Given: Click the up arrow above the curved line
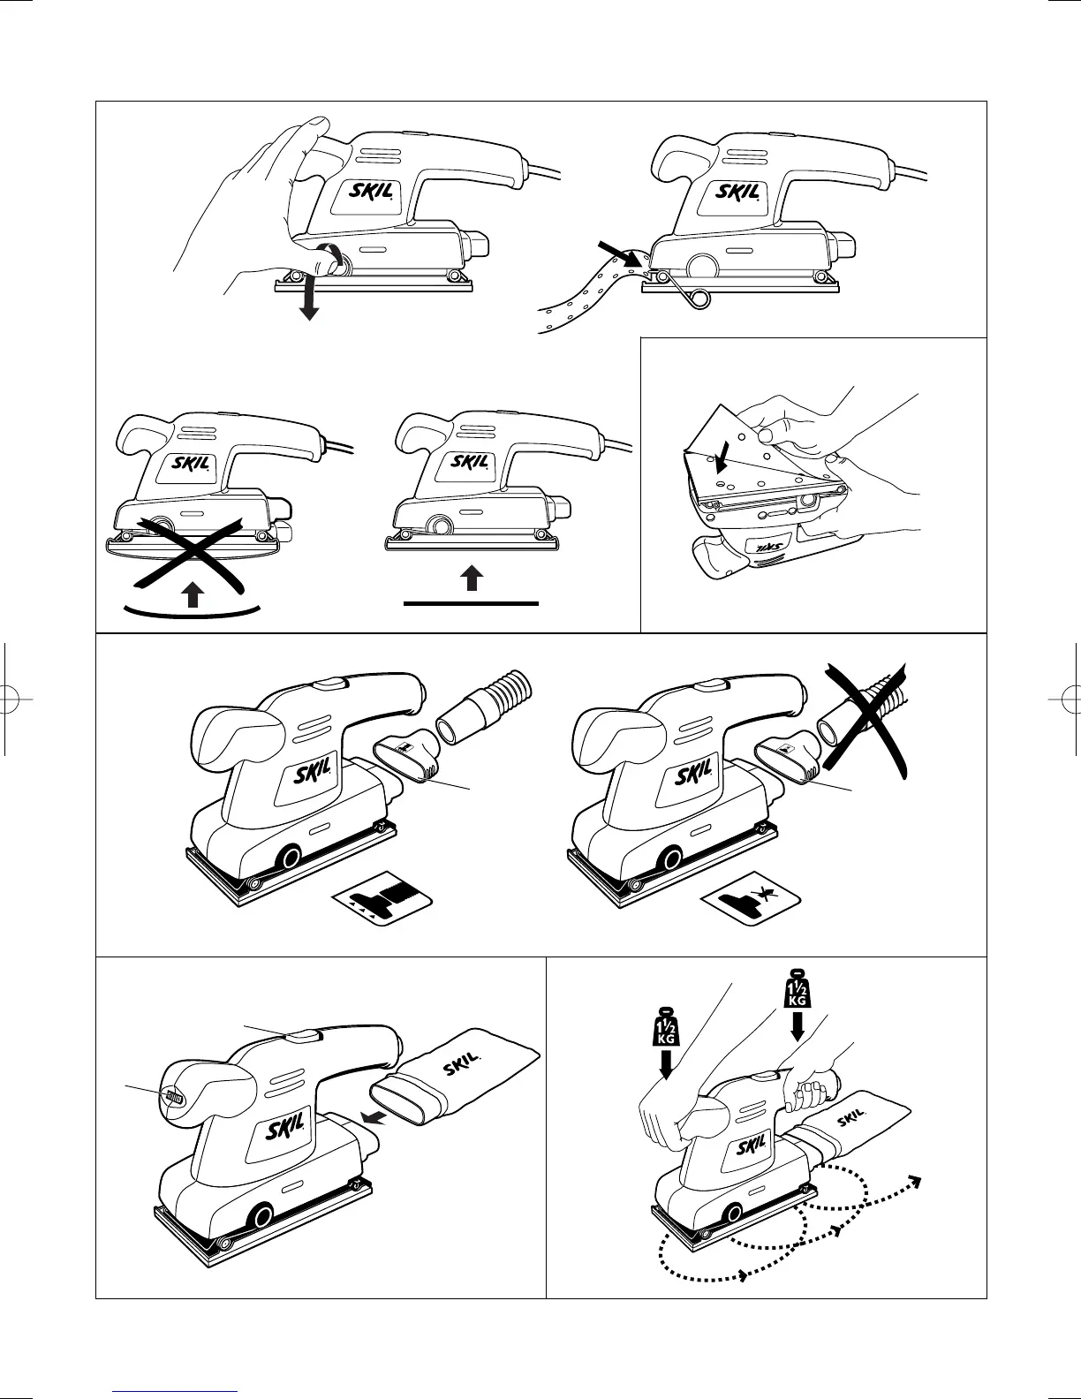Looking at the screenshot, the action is pos(192,594).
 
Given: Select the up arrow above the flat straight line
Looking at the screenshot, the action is pos(472,579).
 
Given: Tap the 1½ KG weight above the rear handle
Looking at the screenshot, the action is pos(798,990).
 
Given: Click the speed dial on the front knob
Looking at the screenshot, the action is pos(174,1098).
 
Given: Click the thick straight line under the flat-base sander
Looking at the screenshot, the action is pos(472,604).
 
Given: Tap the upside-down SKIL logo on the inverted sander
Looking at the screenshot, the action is pos(768,546).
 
